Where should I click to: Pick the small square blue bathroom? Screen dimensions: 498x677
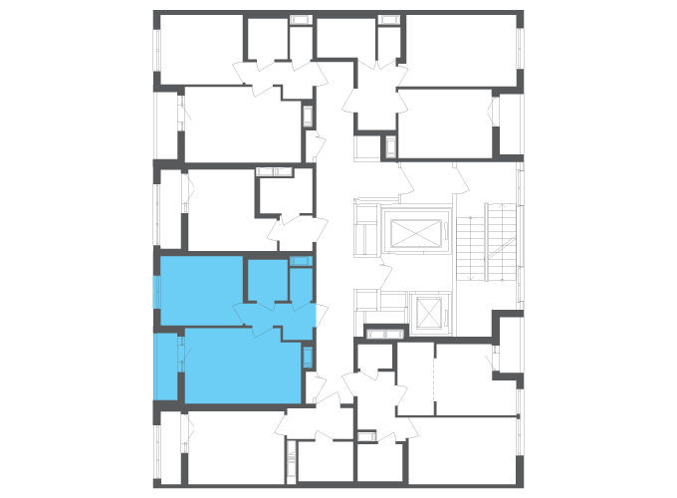pos(266,280)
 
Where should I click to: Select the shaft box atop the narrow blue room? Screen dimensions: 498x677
pos(301,261)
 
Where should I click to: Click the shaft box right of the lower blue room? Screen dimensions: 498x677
pos(308,358)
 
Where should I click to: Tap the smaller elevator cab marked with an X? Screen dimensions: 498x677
pos(428,312)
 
